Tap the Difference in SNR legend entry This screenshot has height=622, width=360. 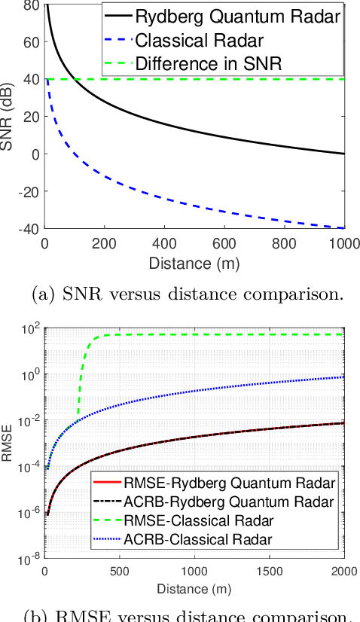[x=209, y=63]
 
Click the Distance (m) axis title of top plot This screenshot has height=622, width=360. [x=195, y=263]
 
